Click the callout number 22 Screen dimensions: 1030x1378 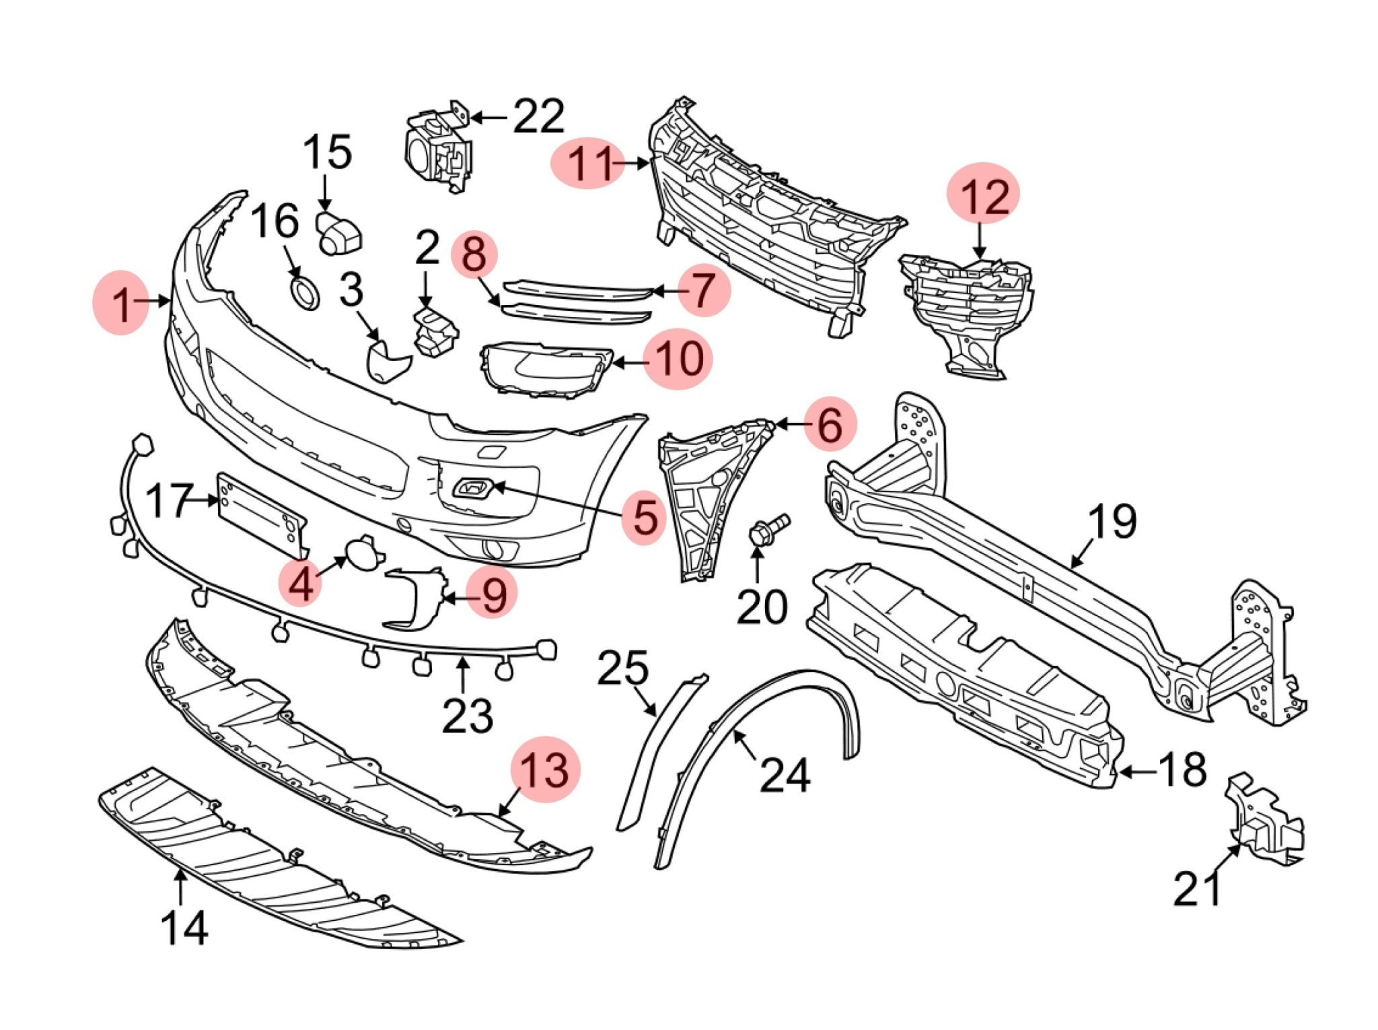point(538,117)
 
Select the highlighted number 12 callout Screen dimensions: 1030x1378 point(984,195)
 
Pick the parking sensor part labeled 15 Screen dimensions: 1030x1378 point(339,233)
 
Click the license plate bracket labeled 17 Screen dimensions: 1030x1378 point(262,510)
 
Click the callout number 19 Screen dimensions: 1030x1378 point(1112,522)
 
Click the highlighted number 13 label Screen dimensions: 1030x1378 point(545,769)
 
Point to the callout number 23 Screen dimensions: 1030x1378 point(467,715)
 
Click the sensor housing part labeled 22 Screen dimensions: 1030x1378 point(437,152)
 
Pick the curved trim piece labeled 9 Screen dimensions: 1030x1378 point(415,598)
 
